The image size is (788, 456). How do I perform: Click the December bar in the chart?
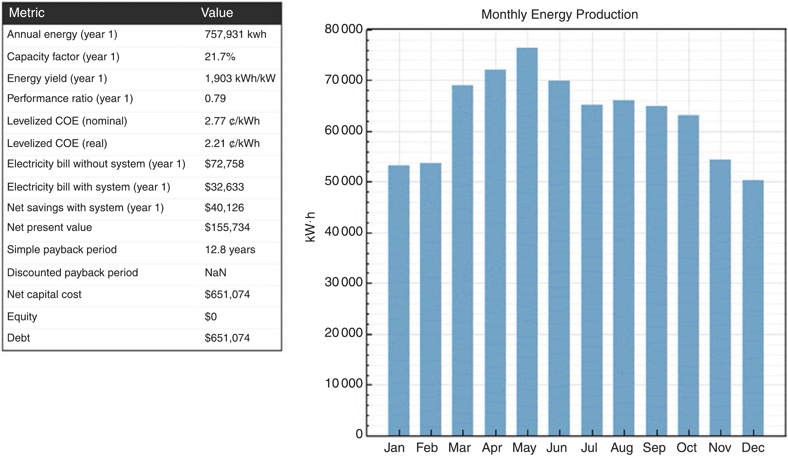pos(753,308)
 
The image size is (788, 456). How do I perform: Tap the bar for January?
pos(399,300)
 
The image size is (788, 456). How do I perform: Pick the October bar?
pos(688,275)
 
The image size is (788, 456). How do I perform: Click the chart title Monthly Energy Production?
pos(559,14)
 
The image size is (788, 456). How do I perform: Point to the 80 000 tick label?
pos(343,29)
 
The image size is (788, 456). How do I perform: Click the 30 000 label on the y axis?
pos(343,282)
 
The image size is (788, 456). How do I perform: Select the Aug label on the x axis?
pos(622,448)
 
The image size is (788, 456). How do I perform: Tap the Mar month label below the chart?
pos(459,448)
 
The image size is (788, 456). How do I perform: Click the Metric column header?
pos(27,13)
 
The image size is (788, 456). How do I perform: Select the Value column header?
pos(217,13)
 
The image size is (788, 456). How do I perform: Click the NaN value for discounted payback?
pos(215,273)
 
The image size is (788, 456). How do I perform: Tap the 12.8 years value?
pos(230,250)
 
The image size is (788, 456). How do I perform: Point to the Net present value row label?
pos(49,227)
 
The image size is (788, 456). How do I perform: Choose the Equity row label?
pos(22,317)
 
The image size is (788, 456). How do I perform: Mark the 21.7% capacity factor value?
pos(220,57)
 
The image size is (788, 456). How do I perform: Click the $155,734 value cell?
pos(227,227)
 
